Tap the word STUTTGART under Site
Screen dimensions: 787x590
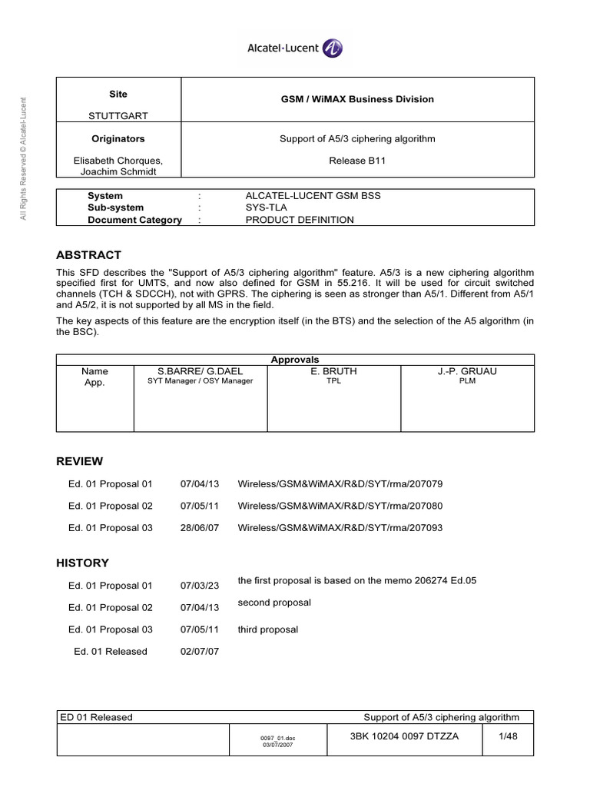(118, 116)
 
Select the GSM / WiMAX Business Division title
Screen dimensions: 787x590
(356, 99)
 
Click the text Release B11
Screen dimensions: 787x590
(356, 161)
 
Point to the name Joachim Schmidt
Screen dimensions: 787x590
(118, 171)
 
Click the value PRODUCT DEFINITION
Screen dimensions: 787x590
(300, 220)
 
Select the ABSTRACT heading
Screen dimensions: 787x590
(89, 255)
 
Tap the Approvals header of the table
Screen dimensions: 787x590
(295, 360)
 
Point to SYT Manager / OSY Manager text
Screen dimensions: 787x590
(200, 381)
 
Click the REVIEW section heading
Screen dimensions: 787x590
(80, 461)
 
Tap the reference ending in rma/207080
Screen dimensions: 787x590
(340, 506)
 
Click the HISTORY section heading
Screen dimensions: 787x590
(83, 563)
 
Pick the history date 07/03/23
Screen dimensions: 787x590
(200, 586)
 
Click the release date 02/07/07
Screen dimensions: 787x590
(200, 651)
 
